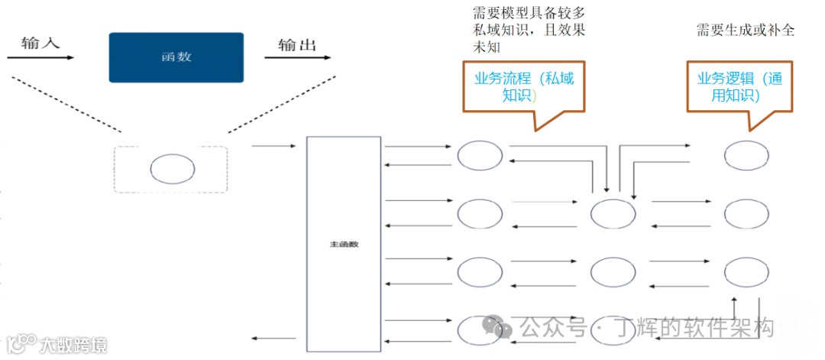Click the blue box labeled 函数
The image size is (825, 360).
(x=176, y=57)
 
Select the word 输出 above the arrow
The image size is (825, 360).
(x=297, y=45)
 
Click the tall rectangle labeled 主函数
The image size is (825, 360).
(x=344, y=245)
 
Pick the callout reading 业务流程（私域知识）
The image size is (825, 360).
(x=524, y=86)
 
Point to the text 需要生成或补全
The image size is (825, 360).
(x=745, y=30)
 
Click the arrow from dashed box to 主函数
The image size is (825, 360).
(x=273, y=145)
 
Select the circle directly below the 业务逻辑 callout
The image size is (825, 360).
(x=746, y=155)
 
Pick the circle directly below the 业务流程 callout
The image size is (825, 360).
(x=480, y=155)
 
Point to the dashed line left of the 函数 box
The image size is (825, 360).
(x=61, y=105)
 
